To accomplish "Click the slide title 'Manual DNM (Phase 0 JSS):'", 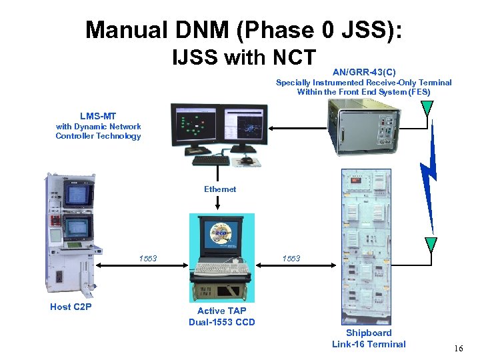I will click(243, 30).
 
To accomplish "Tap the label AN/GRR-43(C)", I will click(363, 71).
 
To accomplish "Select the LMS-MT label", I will click(98, 116).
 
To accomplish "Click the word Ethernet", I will click(220, 189).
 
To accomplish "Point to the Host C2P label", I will click(71, 307).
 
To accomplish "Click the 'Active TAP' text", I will click(221, 311).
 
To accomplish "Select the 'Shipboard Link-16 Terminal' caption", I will click(369, 338).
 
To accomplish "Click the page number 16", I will click(457, 349).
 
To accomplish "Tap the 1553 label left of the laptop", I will click(148, 258).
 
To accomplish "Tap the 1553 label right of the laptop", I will click(291, 258).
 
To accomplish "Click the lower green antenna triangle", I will click(431, 243).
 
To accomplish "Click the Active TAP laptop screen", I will click(222, 237).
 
